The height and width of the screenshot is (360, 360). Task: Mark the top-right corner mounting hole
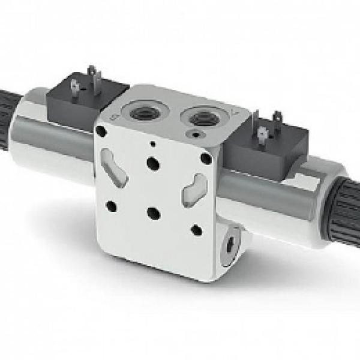coord(206,158)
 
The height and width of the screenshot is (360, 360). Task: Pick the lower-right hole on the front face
coord(195,229)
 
